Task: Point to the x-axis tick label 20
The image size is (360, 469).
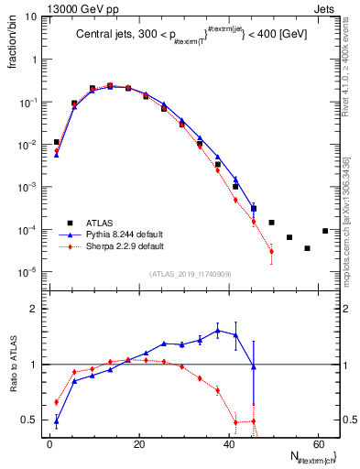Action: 137,443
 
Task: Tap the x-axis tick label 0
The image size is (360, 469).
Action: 49,443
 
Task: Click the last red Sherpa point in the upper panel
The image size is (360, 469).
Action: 271,251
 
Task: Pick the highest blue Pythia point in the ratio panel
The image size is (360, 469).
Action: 218,330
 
